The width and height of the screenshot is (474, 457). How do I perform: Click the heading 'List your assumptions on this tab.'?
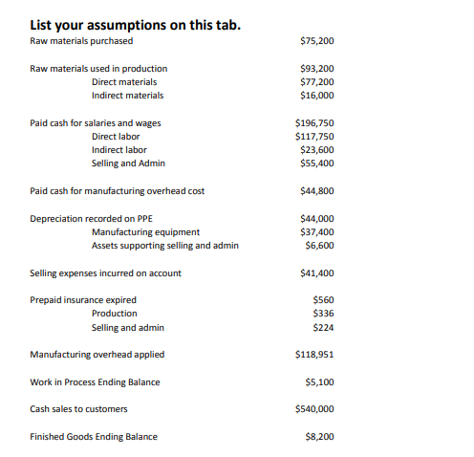pyautogui.click(x=136, y=24)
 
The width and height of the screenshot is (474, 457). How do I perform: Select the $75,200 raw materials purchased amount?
pyautogui.click(x=316, y=41)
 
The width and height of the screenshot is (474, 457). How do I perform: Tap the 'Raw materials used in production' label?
pyautogui.click(x=98, y=69)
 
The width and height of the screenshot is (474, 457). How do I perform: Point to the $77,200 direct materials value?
pyautogui.click(x=316, y=82)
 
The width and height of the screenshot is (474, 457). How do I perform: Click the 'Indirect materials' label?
pyautogui.click(x=127, y=96)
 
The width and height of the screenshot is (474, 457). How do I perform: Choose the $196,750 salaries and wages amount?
pyautogui.click(x=314, y=123)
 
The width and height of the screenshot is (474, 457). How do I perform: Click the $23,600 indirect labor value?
pyautogui.click(x=316, y=150)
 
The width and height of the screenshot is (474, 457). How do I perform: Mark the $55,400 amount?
pyautogui.click(x=316, y=163)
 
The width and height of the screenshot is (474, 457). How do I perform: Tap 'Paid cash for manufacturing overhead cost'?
pyautogui.click(x=118, y=191)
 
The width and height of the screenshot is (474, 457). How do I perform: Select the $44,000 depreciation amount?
pyautogui.click(x=316, y=219)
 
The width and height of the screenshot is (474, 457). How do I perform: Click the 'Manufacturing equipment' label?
pyautogui.click(x=145, y=232)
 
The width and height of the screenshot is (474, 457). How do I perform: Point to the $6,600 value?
pyautogui.click(x=319, y=246)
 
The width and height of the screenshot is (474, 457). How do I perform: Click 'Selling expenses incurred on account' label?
pyautogui.click(x=106, y=273)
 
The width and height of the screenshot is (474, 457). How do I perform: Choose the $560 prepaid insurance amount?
pyautogui.click(x=323, y=300)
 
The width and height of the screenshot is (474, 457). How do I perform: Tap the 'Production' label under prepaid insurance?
pyautogui.click(x=115, y=314)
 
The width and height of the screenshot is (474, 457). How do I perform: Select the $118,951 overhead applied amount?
pyautogui.click(x=314, y=355)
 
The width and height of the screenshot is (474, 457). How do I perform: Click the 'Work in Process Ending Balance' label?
pyautogui.click(x=96, y=382)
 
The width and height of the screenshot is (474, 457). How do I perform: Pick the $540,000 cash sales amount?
pyautogui.click(x=314, y=409)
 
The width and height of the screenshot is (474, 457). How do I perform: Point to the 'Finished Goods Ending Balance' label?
pyautogui.click(x=94, y=437)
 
